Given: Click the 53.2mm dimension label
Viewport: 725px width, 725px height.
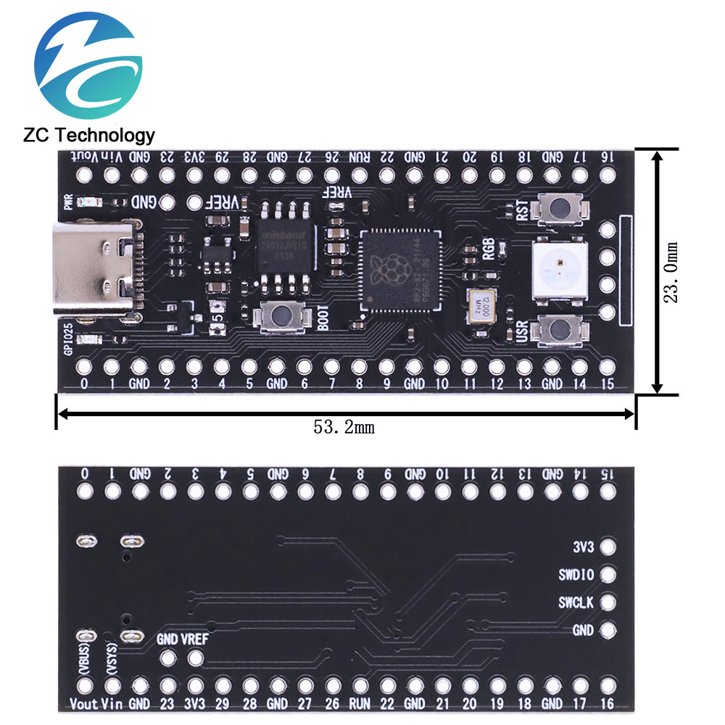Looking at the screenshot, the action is [x=344, y=428].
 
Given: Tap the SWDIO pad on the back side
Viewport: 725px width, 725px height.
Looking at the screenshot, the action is [x=608, y=575].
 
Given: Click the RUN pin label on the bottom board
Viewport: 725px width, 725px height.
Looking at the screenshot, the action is [x=360, y=703].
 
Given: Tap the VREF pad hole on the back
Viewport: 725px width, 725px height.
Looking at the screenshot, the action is [x=195, y=658].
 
